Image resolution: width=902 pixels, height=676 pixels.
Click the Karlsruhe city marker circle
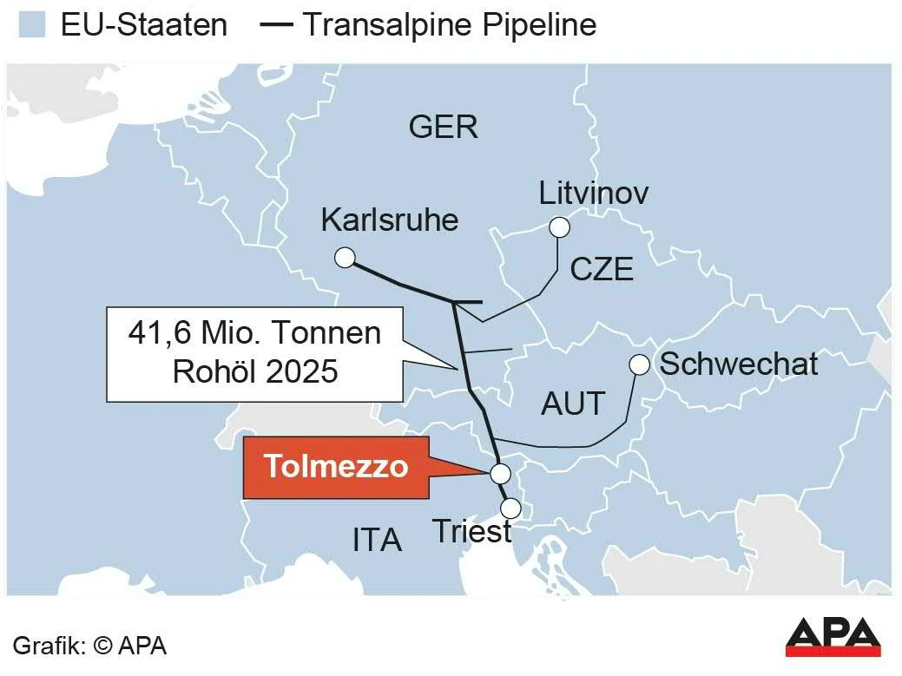tap(345, 257)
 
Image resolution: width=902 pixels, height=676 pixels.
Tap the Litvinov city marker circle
tap(559, 227)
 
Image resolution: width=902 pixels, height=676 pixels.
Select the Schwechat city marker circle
tap(639, 365)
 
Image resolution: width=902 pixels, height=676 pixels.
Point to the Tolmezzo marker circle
tap(500, 474)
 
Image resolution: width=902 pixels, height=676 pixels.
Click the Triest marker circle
tap(511, 508)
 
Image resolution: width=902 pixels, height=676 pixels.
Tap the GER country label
tap(443, 128)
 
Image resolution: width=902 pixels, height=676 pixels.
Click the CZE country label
tap(602, 270)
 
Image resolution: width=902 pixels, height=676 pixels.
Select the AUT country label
tap(573, 404)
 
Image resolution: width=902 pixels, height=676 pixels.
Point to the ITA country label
tap(377, 541)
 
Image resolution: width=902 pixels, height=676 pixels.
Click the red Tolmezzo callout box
tap(336, 467)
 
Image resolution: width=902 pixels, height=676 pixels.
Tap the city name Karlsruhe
tap(389, 220)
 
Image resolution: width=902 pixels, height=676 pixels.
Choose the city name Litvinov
tap(593, 193)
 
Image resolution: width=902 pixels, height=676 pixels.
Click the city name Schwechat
tap(739, 364)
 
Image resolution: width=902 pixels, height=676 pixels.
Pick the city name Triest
tap(471, 531)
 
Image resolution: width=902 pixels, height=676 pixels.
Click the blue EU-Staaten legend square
tap(31, 25)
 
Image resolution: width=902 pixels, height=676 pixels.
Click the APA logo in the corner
tap(833, 637)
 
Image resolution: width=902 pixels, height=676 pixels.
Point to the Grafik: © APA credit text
tap(90, 646)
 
